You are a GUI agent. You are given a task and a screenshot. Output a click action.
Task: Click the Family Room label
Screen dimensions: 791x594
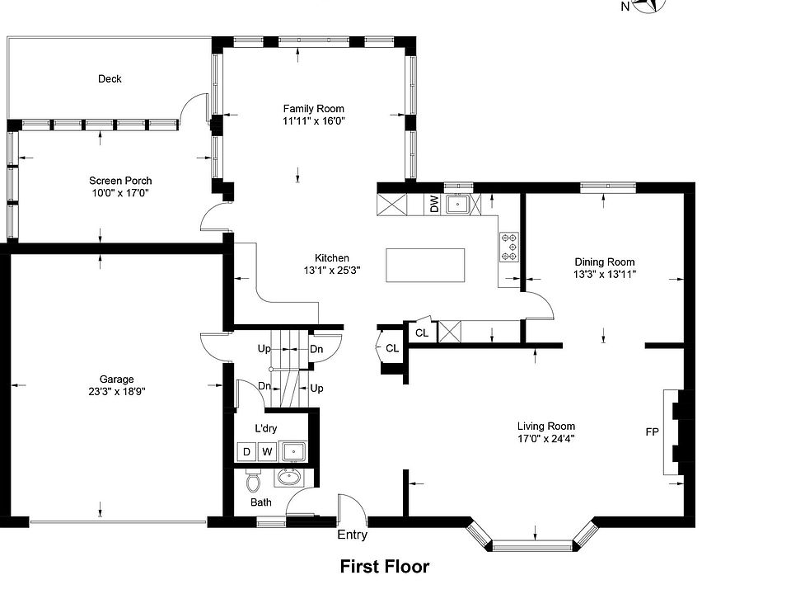[x=313, y=109]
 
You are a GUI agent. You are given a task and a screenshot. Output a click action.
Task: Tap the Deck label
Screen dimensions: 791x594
[x=110, y=79]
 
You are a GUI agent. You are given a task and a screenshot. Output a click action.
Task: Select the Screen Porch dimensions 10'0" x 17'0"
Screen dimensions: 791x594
[x=120, y=193]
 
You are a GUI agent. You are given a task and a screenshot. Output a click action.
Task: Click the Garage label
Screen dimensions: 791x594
[x=116, y=379]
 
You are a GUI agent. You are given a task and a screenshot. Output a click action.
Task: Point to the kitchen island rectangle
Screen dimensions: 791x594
[x=425, y=265]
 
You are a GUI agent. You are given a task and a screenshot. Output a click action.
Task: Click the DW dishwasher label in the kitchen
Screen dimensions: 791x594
[x=434, y=204]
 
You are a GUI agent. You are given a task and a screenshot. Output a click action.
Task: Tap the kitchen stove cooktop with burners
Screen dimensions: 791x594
[x=509, y=247]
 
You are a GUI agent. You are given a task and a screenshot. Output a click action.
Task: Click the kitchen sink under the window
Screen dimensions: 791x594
[x=457, y=204]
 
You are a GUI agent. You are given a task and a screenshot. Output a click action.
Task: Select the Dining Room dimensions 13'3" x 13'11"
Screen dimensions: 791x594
[x=604, y=275]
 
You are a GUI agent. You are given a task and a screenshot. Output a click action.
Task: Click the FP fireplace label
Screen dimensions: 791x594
[x=652, y=431]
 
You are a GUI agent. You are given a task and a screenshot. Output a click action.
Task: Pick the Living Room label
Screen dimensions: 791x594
[x=545, y=427]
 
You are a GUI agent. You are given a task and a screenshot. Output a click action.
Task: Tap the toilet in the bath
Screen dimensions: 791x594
[x=253, y=480]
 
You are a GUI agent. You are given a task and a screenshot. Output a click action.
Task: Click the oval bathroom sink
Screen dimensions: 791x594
[x=289, y=478]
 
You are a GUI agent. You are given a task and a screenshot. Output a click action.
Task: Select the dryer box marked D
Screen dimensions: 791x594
[x=246, y=451]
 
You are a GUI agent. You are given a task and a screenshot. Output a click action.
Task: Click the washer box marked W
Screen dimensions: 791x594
[x=267, y=451]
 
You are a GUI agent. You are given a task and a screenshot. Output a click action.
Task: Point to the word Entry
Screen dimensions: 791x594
[x=352, y=535]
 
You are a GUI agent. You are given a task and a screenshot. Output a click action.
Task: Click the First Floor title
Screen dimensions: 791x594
[x=385, y=567]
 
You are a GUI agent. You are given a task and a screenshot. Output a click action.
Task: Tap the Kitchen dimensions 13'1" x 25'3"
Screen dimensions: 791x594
[x=332, y=271]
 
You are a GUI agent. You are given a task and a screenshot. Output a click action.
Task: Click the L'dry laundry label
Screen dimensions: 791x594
[x=265, y=429]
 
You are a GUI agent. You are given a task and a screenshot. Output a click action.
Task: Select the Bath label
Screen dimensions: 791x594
[x=261, y=502]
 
